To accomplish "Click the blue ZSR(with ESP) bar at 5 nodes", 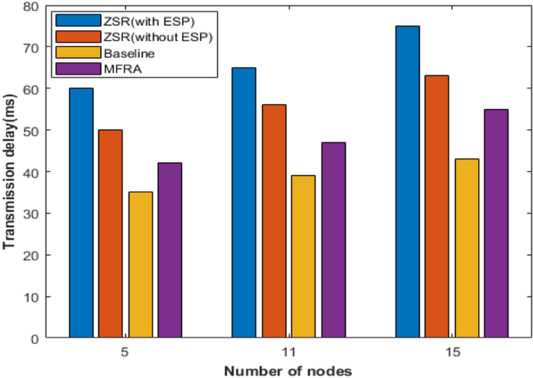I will [x=81, y=213].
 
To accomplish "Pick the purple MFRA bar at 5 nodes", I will [x=170, y=250].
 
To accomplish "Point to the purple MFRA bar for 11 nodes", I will [x=333, y=240].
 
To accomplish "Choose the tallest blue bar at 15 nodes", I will [x=407, y=182].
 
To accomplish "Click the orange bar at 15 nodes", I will [x=437, y=207].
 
